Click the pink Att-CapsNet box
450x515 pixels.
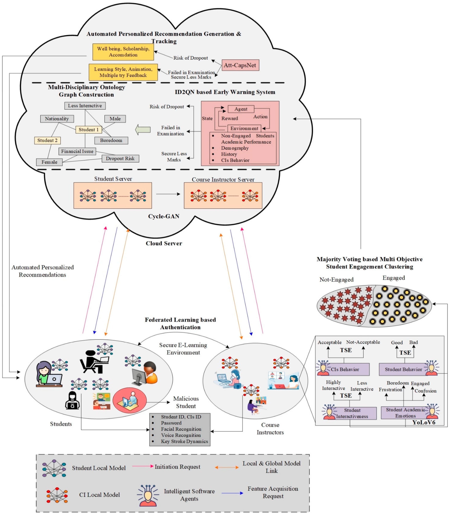click(240, 65)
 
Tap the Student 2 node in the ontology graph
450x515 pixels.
click(47, 140)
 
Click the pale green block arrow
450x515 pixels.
click(143, 129)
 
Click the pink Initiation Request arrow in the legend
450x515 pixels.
click(142, 466)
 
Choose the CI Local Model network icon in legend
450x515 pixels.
click(57, 495)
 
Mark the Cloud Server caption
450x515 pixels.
click(164, 243)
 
